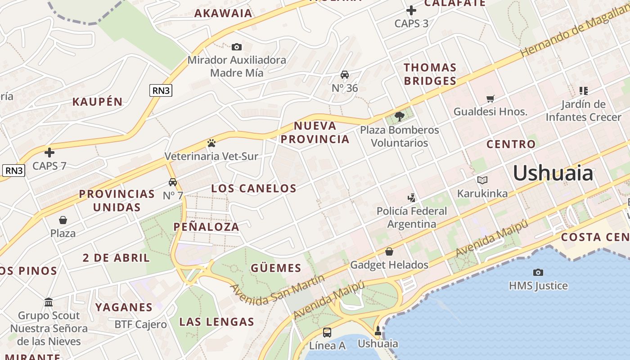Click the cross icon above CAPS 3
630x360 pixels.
(411, 10)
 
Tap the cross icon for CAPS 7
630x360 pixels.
(49, 153)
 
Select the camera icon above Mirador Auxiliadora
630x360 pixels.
(236, 47)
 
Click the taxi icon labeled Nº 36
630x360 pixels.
(345, 75)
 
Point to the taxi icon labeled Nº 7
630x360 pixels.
(173, 182)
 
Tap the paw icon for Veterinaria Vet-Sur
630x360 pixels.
(211, 143)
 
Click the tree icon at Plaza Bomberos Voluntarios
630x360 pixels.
(399, 117)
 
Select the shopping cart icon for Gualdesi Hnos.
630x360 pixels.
(490, 99)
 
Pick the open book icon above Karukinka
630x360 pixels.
(482, 180)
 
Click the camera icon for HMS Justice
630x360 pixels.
(538, 272)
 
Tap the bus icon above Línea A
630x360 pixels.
(327, 333)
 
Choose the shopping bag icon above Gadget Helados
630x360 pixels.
(389, 252)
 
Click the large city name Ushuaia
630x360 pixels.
(553, 173)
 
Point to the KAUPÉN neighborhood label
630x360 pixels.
(98, 102)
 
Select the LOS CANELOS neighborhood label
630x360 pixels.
(254, 188)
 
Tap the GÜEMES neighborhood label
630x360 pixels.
(276, 268)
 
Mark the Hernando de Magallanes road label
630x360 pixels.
(574, 34)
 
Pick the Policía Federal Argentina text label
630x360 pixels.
(412, 217)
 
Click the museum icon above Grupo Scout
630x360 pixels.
(49, 302)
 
